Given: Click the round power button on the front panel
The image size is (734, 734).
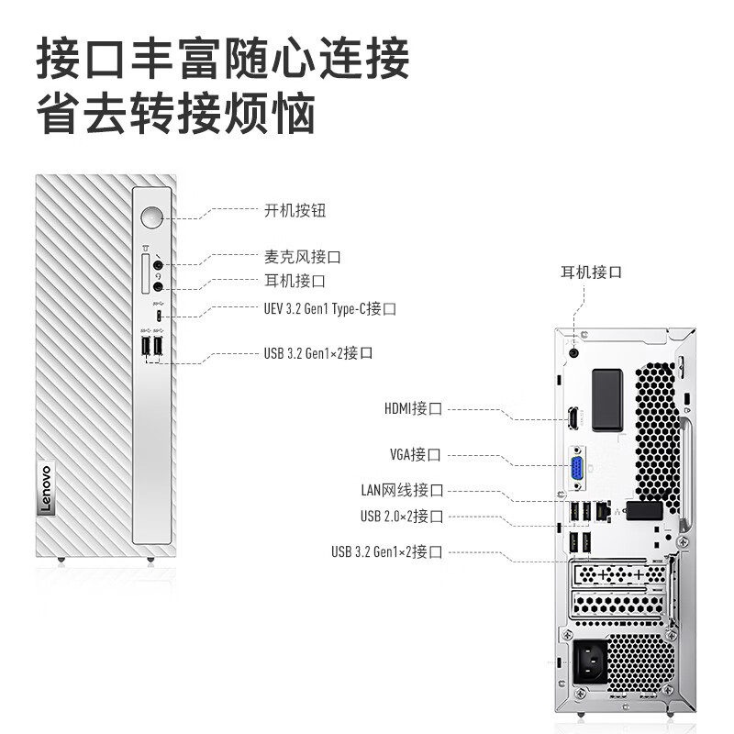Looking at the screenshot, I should coord(152,218).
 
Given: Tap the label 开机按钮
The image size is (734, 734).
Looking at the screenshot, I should coord(295,211).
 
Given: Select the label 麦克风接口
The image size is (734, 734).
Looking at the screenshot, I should coord(302,258).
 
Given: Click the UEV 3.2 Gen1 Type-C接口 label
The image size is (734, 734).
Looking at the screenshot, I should coord(328,309).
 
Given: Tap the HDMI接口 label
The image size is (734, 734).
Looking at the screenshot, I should coord(413,408).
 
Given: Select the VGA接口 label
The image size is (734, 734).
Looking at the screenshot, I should coord(415,454).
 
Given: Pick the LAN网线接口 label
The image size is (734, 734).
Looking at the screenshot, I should coord(402,491).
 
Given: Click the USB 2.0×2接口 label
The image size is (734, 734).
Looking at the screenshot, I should coord(402,517).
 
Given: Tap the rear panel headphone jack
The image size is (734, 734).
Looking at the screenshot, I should coord(574,350).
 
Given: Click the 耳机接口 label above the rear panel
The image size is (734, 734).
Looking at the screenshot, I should coord(592,272).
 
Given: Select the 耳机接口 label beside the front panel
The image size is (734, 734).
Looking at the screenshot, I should coord(295,281).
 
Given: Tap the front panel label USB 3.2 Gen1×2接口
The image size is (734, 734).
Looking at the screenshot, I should coord(317,352).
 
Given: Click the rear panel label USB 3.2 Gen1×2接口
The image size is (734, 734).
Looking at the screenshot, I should coord(387,551).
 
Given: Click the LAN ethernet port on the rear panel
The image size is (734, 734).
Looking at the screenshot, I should coord(601,510).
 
